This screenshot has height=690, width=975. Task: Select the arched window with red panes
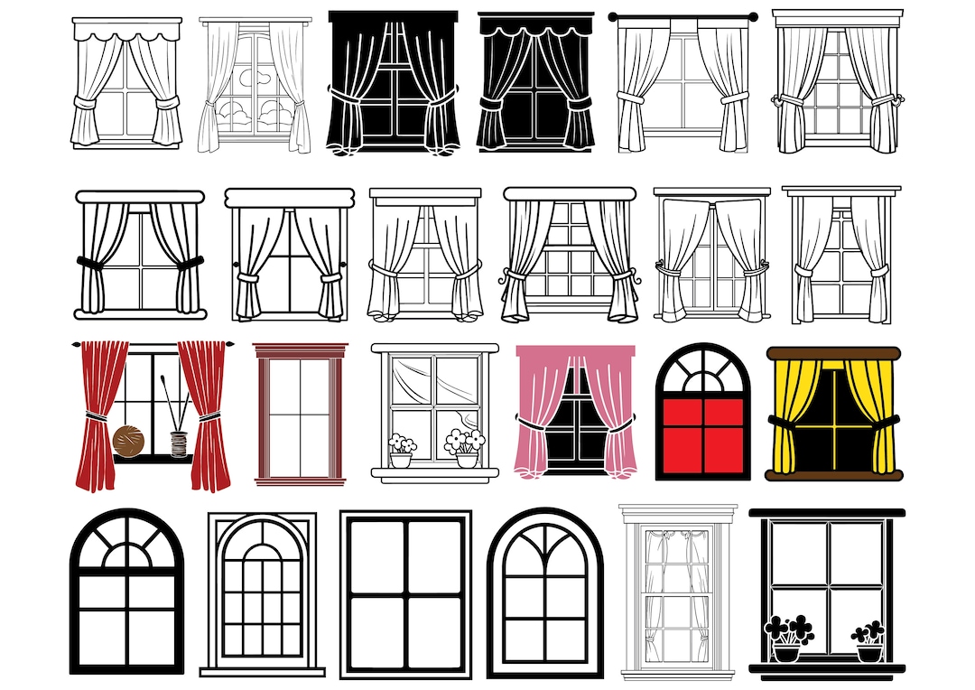tap(703, 411)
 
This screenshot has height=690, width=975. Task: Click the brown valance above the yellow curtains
tap(833, 353)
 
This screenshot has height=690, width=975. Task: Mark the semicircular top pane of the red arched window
tap(703, 371)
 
